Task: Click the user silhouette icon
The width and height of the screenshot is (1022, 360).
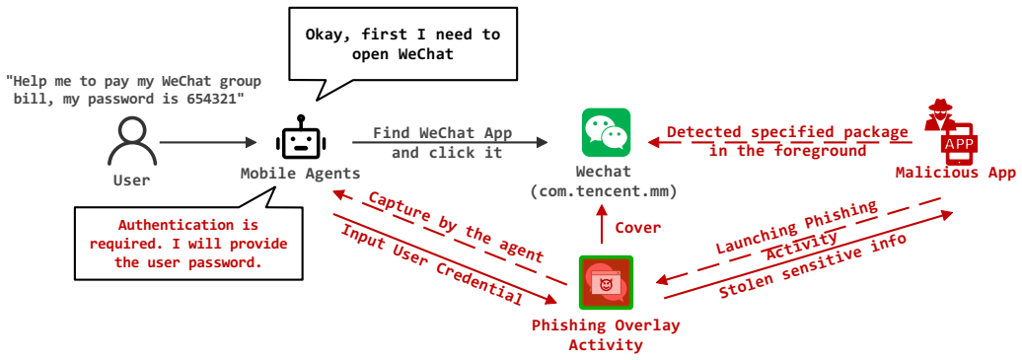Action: point(132,143)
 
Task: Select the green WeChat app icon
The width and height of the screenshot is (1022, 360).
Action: point(606,132)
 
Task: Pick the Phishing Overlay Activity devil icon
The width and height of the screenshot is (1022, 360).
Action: point(606,282)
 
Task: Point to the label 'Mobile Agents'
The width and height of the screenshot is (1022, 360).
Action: point(300,175)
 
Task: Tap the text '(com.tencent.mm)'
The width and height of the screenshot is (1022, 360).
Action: point(603,191)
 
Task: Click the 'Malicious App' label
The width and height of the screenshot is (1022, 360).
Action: point(956,173)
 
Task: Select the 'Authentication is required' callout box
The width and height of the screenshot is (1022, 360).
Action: point(188,244)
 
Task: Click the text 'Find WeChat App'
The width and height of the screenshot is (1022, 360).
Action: point(443,133)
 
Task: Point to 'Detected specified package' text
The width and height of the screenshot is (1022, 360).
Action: point(787,133)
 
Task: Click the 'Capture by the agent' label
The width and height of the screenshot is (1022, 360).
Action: point(456,228)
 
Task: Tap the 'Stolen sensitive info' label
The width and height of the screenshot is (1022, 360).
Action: point(812,266)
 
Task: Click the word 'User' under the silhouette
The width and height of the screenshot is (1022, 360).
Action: point(132,180)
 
